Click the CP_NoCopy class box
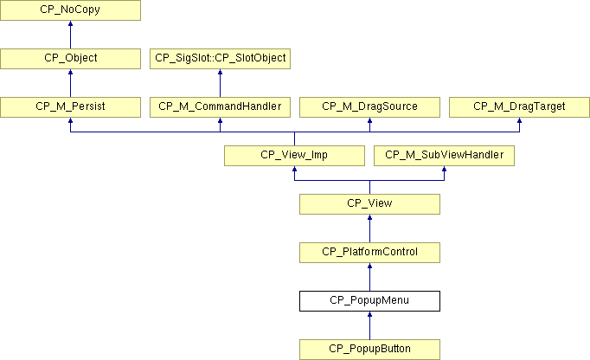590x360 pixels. coord(70,10)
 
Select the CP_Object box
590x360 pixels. coord(70,58)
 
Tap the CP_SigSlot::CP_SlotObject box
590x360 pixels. coord(220,58)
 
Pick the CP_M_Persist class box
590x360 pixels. coord(70,107)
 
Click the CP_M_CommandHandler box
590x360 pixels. coord(220,107)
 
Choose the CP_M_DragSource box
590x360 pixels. coord(370,107)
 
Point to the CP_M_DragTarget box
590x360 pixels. coord(519,107)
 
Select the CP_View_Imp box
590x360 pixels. coord(295,156)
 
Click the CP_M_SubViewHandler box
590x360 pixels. coord(444,156)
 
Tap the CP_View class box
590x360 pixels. coord(370,204)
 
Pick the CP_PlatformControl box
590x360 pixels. coord(370,253)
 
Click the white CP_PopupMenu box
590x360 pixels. coord(370,301)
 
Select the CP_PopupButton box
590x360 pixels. coord(370,350)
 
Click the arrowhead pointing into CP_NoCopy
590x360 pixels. coord(70,23)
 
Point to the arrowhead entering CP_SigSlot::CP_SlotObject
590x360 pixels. coord(220,72)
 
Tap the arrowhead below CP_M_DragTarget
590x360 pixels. coord(519,120)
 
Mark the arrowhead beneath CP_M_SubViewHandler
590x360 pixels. coord(444,169)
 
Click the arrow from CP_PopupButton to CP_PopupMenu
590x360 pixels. coord(370,325)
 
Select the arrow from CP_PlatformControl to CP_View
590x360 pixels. coord(370,228)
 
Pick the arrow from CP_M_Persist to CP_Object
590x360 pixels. coord(70,83)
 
